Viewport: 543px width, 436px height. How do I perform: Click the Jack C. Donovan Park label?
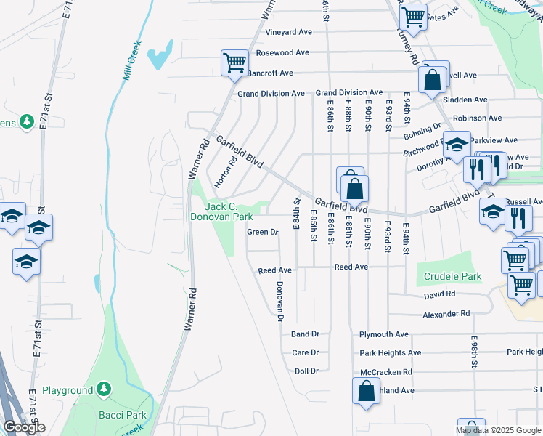coord(221,211)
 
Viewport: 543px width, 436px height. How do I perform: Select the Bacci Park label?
coord(122,416)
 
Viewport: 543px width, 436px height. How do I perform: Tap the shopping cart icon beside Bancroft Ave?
coord(234,63)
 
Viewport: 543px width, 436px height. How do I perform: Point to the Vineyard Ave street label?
coord(288,32)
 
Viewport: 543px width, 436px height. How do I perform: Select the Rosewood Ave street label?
coord(287,53)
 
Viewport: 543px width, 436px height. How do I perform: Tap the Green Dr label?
coord(263,233)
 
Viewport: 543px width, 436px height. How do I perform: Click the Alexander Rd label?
coord(446,314)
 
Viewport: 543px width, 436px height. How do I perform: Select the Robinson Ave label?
coord(476,118)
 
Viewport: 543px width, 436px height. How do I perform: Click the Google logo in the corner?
coord(24,427)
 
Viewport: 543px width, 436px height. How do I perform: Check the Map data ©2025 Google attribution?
coord(498,430)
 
